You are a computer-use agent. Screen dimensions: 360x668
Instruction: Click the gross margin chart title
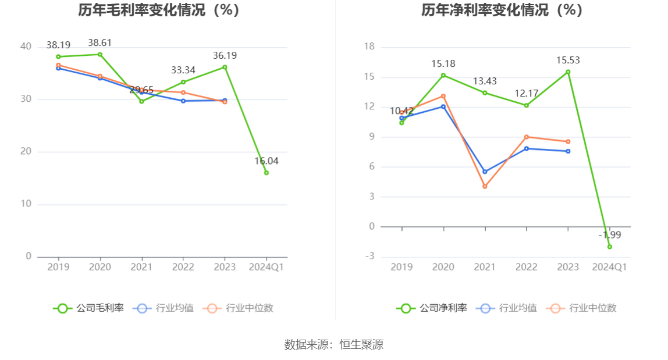pyautogui.click(x=159, y=10)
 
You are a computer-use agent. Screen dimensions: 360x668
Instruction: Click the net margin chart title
pyautogui.click(x=502, y=10)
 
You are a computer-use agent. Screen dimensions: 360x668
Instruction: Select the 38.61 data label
pyautogui.click(x=100, y=42)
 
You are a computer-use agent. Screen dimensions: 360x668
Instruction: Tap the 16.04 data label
pyautogui.click(x=267, y=161)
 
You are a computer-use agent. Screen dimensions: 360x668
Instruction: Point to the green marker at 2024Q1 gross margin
pyautogui.click(x=267, y=173)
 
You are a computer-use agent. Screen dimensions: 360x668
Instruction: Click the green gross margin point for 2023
pyautogui.click(x=225, y=67)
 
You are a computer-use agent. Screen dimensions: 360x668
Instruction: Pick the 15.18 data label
pyautogui.click(x=443, y=63)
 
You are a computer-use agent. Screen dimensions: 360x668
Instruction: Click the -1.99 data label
pyautogui.click(x=610, y=235)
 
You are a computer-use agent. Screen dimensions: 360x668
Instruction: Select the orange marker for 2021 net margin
pyautogui.click(x=485, y=187)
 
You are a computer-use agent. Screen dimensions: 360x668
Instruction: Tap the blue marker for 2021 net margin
pyautogui.click(x=485, y=172)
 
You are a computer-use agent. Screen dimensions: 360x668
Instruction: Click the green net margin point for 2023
pyautogui.click(x=568, y=72)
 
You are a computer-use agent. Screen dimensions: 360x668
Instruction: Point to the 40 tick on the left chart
pyautogui.click(x=26, y=47)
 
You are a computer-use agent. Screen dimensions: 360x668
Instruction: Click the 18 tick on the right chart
pyautogui.click(x=369, y=47)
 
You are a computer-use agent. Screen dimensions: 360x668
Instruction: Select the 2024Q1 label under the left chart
pyautogui.click(x=267, y=267)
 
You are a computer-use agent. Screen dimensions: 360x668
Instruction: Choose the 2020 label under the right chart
pyautogui.click(x=443, y=267)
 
